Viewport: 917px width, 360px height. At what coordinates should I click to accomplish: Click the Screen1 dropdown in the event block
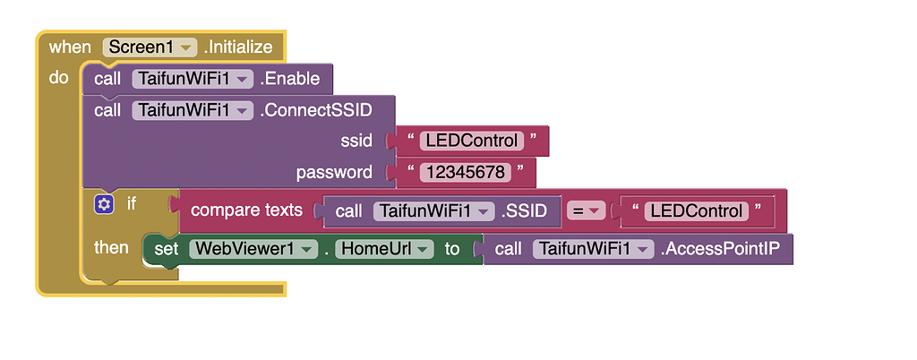click(x=150, y=47)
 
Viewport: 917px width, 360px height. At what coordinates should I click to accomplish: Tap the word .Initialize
click(x=241, y=47)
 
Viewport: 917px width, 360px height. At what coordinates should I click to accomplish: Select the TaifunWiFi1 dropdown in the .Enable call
click(x=193, y=79)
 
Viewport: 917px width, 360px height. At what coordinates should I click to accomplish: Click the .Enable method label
click(x=289, y=79)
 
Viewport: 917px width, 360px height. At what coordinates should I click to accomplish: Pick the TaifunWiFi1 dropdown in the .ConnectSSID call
click(x=193, y=110)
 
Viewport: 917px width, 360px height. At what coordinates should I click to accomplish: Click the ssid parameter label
click(x=356, y=141)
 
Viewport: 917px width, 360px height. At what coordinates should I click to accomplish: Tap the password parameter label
click(x=334, y=172)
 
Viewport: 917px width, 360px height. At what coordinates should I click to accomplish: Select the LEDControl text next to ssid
click(x=472, y=141)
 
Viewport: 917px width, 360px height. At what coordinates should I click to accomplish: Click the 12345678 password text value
click(x=466, y=172)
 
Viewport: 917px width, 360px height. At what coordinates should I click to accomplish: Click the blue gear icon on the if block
click(x=104, y=204)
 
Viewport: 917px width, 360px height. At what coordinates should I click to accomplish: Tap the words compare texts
click(x=246, y=211)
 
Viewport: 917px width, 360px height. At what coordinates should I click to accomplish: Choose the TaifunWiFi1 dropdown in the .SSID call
click(x=434, y=211)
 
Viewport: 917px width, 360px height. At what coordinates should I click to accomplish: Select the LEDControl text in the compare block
click(x=697, y=211)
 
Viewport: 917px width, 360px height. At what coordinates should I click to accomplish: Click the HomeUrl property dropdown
click(x=384, y=249)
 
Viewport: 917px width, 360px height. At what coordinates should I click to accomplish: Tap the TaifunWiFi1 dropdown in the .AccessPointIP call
click(x=593, y=249)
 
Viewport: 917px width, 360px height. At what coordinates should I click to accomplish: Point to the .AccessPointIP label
click(x=724, y=249)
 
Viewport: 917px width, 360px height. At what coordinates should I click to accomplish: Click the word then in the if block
click(x=111, y=247)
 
